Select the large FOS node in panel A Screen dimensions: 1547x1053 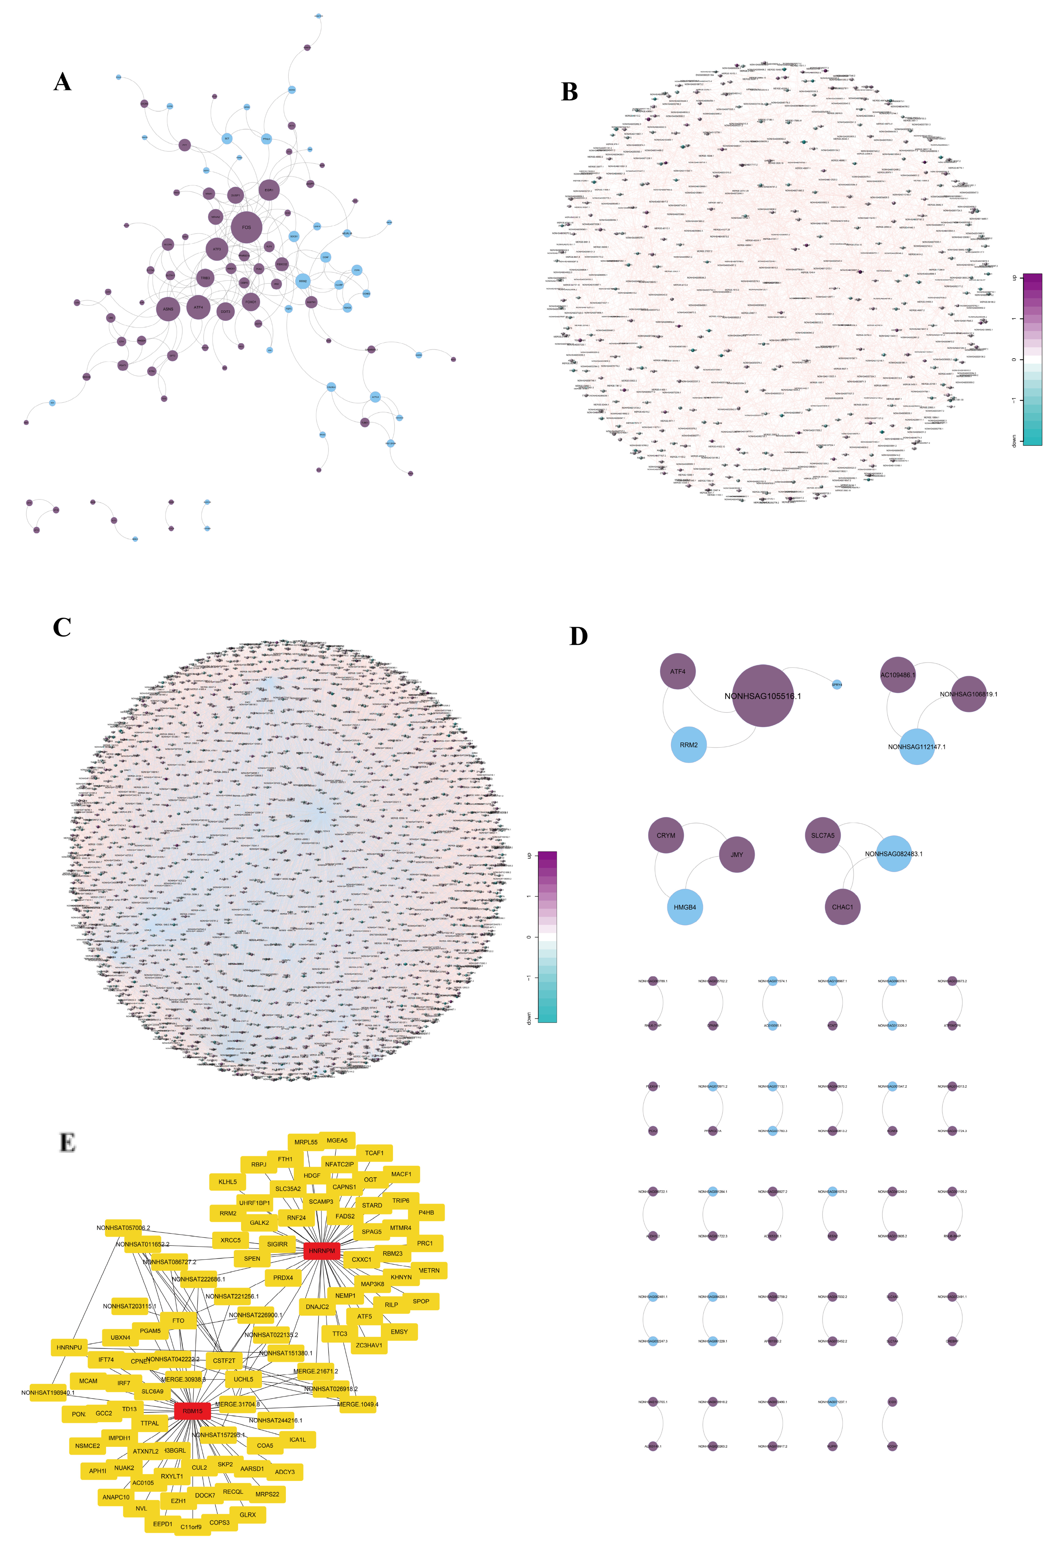246,228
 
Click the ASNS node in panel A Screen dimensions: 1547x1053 168,309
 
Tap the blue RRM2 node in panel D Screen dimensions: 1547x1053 688,745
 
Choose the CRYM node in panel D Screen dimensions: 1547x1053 666,835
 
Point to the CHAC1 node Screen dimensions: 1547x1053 842,907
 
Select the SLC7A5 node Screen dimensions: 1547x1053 823,835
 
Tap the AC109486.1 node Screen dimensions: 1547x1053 897,675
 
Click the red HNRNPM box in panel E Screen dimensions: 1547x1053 321,1251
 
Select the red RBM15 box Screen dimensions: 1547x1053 192,1410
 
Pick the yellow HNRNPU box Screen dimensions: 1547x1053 69,1347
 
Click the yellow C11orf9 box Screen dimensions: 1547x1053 191,1527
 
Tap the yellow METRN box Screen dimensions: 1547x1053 429,1270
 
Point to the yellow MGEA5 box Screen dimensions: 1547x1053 337,1140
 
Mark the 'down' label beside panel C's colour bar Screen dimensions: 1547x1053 529,1018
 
